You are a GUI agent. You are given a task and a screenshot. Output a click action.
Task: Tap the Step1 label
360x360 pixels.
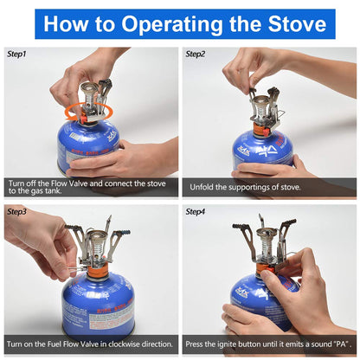tap(18, 54)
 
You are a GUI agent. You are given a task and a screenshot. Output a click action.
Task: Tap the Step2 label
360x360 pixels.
tap(196, 54)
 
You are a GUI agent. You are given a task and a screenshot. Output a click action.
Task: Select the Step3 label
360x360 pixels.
tap(18, 211)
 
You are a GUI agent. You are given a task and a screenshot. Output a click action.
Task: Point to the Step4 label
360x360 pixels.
tap(196, 211)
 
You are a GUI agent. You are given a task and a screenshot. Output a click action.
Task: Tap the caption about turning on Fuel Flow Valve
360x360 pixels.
tap(90, 344)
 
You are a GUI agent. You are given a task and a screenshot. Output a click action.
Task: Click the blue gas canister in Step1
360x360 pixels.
tap(87, 147)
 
